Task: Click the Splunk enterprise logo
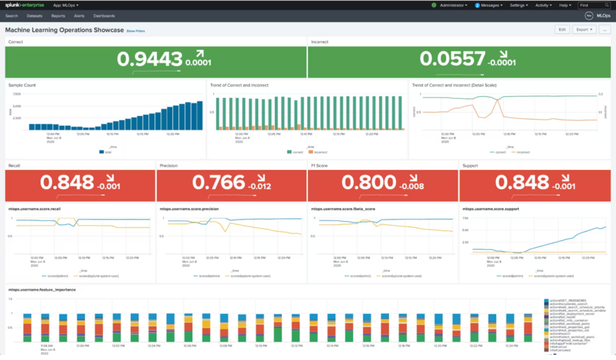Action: point(25,5)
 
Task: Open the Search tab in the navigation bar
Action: point(11,16)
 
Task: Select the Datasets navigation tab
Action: point(34,16)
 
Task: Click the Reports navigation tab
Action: point(58,16)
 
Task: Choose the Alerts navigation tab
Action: point(79,16)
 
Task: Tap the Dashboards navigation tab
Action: point(104,16)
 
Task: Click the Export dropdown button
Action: point(584,29)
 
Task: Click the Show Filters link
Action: point(136,31)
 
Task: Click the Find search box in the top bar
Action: point(593,5)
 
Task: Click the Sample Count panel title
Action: point(22,85)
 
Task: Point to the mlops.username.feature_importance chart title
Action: point(42,290)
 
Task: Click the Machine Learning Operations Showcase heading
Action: point(64,30)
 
